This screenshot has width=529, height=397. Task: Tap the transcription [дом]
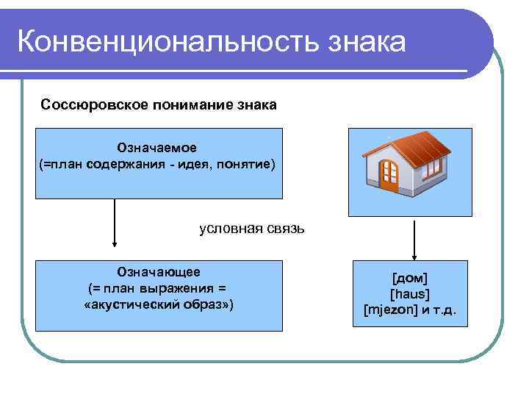pyautogui.click(x=410, y=278)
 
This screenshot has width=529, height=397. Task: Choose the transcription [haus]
pyautogui.click(x=410, y=293)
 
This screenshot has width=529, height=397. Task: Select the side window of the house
pyautogui.click(x=434, y=170)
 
